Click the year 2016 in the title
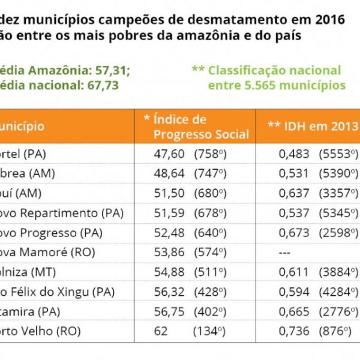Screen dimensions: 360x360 [x=329, y=19]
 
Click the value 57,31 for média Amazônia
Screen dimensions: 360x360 [x=112, y=70]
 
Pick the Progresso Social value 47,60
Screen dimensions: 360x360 [x=169, y=154]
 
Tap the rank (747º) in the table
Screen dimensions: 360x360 [x=210, y=173]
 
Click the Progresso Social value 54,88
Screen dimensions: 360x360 [x=169, y=272]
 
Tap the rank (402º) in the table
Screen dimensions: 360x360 [x=210, y=312]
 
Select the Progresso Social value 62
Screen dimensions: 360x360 [x=161, y=332]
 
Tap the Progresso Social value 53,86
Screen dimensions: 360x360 [x=169, y=253]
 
